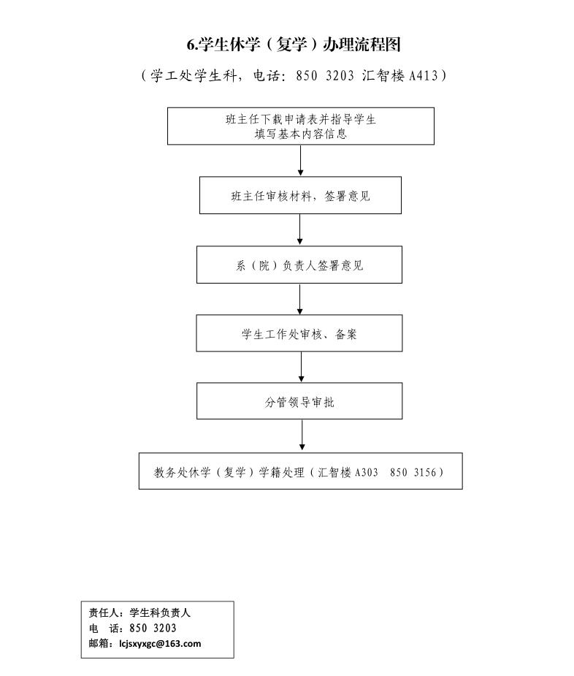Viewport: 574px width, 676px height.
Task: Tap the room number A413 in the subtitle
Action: pos(424,75)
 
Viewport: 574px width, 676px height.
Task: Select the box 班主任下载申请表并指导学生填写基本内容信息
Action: pos(301,126)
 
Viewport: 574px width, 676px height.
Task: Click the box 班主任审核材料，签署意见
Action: pos(300,195)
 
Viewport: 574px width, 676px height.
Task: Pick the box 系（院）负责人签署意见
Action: pos(299,265)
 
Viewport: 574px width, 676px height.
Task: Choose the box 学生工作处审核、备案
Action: pos(299,333)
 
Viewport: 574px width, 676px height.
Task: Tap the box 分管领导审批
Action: pos(299,401)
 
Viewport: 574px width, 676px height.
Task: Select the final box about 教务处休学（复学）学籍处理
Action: pos(301,471)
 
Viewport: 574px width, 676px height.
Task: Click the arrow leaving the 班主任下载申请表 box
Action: pos(300,160)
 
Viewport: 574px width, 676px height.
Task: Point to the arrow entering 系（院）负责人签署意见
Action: pos(300,229)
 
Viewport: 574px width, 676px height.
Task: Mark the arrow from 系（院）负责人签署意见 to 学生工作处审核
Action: pos(300,299)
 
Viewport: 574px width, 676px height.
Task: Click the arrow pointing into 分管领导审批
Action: pos(301,367)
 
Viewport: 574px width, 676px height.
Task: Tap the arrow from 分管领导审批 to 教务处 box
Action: pos(302,436)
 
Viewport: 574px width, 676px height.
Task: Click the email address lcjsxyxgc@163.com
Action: pos(161,644)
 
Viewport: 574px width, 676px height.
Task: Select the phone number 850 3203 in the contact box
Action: pos(153,628)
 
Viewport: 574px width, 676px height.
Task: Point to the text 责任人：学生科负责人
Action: pos(139,612)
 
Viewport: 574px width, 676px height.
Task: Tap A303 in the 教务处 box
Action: pos(367,472)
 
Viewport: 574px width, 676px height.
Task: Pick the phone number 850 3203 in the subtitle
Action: pos(325,75)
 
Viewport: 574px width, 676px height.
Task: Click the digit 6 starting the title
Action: pos(191,45)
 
